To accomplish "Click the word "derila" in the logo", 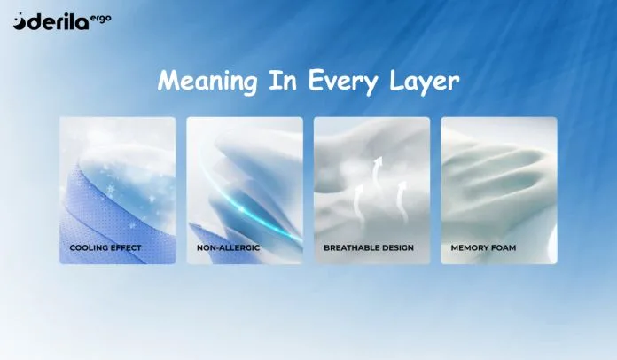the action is [59, 22].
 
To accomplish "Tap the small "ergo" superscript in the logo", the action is [101, 19].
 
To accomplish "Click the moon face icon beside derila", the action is [20, 21].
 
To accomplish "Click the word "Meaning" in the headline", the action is [207, 82].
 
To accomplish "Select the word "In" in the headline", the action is [282, 80].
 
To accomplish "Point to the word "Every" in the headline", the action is [343, 82].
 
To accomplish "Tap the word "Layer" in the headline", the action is [424, 82].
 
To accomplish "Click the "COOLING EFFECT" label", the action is [105, 248].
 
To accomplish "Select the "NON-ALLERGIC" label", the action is [228, 248].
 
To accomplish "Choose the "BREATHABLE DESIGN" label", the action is [369, 248].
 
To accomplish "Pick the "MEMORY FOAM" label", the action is [483, 248].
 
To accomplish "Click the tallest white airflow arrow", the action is [377, 173].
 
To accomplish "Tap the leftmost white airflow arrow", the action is [358, 206].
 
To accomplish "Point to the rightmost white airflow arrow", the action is [402, 201].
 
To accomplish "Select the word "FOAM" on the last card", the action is [503, 248].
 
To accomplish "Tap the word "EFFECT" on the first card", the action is [125, 248].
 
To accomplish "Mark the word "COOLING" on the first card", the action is [88, 248].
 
